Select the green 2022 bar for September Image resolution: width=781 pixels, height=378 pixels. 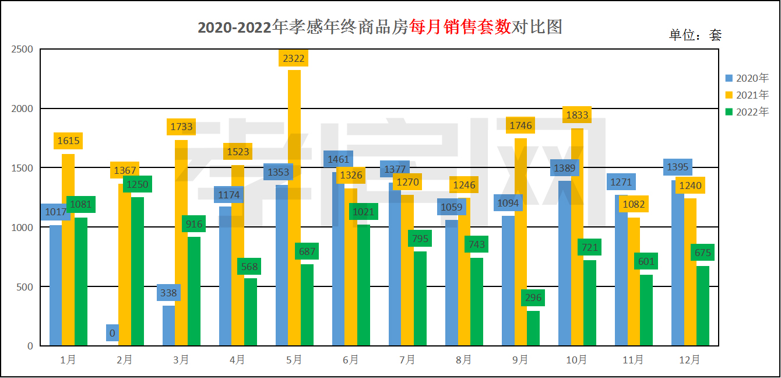(533, 328)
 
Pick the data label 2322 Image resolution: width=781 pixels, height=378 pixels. (294, 58)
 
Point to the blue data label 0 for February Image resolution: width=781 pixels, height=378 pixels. (112, 333)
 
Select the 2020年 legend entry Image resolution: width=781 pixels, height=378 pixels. (747, 78)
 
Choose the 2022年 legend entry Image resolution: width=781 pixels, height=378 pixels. (747, 111)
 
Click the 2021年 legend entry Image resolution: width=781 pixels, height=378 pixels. (747, 94)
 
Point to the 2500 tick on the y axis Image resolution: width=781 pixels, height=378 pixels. (22, 50)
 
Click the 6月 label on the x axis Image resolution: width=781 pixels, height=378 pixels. (351, 360)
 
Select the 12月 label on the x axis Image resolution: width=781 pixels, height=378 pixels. (690, 360)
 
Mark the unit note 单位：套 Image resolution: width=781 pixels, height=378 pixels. (695, 36)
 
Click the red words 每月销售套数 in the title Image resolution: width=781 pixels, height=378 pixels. (460, 27)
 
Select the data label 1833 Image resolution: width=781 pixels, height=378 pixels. (576, 115)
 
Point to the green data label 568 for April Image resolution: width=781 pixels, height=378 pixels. (249, 267)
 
